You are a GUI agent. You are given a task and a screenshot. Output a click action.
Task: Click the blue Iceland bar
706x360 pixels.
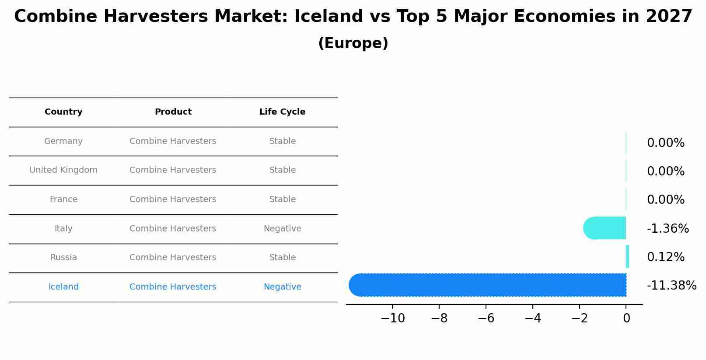(x=487, y=285)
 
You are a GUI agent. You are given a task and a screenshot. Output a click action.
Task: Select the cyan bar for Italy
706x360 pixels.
(x=605, y=228)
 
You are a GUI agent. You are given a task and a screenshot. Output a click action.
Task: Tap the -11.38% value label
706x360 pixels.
(x=671, y=286)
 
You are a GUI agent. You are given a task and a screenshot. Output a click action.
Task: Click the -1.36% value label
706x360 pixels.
(x=668, y=228)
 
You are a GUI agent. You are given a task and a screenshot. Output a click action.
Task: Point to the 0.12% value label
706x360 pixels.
(x=665, y=257)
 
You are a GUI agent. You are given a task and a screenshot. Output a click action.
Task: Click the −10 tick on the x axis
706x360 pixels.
(x=392, y=318)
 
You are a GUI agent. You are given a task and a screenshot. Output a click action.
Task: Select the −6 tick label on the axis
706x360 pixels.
(x=486, y=318)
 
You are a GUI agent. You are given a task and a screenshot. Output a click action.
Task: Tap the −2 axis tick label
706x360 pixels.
(x=580, y=318)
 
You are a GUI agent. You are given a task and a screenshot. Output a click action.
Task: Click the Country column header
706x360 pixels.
(x=63, y=112)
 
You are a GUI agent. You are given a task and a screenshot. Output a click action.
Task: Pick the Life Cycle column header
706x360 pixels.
(x=282, y=112)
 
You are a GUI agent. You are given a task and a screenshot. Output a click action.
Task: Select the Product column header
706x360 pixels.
(x=173, y=112)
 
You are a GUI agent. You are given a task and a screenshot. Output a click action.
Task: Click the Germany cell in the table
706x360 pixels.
(x=63, y=141)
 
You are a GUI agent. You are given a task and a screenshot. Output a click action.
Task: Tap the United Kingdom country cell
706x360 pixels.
(x=63, y=170)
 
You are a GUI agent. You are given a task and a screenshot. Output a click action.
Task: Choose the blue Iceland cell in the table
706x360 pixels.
(x=63, y=287)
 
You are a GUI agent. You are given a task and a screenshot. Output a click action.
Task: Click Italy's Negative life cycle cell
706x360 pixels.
(x=282, y=229)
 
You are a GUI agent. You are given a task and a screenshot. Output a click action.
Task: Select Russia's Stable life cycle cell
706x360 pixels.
(x=282, y=258)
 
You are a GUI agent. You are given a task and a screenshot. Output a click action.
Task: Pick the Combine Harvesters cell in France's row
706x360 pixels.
(x=173, y=199)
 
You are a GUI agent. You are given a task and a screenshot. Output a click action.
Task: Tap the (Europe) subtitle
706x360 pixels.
(x=353, y=43)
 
